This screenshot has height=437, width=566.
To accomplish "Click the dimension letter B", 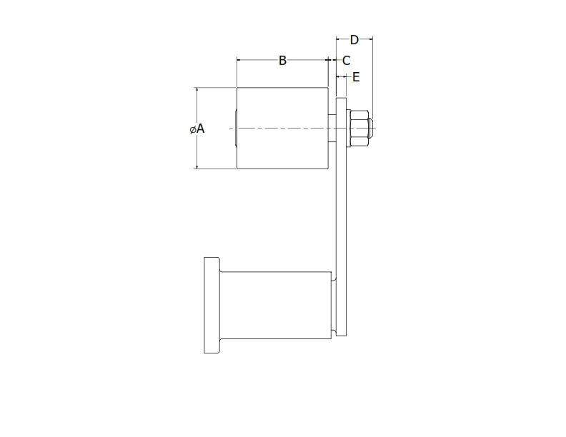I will click(282, 61).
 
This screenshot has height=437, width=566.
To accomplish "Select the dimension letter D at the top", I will click(354, 40).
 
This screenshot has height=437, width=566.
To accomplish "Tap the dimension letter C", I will click(346, 61).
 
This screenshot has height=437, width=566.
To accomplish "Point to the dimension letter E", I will click(356, 76).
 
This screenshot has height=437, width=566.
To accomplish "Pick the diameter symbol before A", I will click(192, 129).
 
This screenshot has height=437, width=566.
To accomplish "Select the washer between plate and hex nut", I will click(348, 129).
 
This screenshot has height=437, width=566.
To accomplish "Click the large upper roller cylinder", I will click(282, 129).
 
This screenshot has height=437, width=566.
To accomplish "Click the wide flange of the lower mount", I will click(211, 305).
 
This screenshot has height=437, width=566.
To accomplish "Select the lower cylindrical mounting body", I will click(275, 305).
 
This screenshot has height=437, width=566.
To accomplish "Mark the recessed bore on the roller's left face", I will click(234, 129).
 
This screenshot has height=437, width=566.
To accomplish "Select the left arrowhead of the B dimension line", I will click(239, 61).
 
